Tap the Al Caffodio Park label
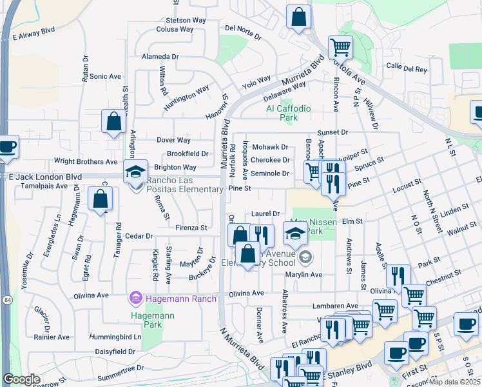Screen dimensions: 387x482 (x=288, y=113)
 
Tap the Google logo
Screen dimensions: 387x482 (x=21, y=379)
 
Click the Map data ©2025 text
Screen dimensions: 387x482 (x=454, y=382)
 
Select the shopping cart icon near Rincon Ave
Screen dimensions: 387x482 (x=340, y=46)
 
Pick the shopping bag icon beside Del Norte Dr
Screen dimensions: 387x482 (x=298, y=18)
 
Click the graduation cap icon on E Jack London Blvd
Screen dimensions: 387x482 (x=135, y=172)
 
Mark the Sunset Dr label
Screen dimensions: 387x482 (x=332, y=132)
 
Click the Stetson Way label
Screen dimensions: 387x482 (x=186, y=20)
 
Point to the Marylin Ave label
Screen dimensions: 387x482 (x=302, y=274)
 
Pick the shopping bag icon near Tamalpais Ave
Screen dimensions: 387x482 (x=101, y=200)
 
